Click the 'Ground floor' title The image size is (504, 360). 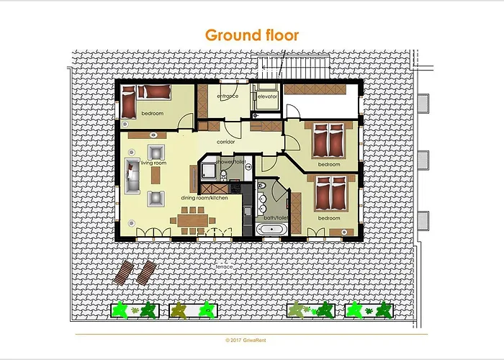tap(252, 35)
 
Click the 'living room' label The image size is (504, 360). tap(153, 163)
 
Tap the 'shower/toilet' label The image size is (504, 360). tap(230, 163)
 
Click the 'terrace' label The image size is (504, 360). tap(224, 266)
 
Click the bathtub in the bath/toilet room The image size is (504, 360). tap(271, 230)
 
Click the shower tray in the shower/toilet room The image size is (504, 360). tap(209, 171)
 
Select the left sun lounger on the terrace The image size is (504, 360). tap(124, 272)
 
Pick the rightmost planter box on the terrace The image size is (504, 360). tap(369, 310)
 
